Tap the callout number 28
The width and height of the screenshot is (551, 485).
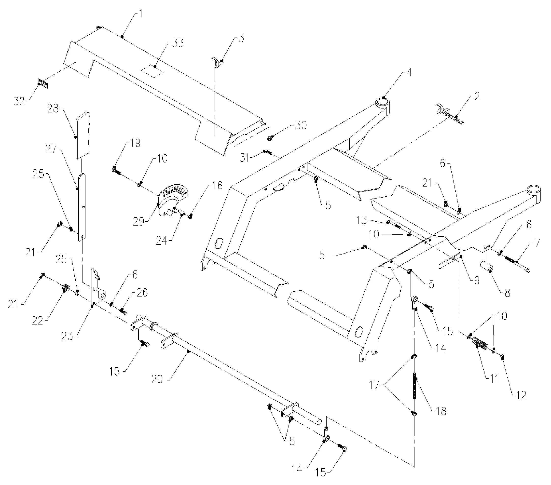pos(53,109)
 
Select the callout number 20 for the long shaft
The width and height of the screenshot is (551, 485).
pos(157,379)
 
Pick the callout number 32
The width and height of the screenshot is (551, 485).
pos(19,102)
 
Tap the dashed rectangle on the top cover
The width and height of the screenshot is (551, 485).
pos(153,71)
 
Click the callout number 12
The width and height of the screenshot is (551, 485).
pos(521,395)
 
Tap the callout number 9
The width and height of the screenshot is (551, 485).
pos(477,281)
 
